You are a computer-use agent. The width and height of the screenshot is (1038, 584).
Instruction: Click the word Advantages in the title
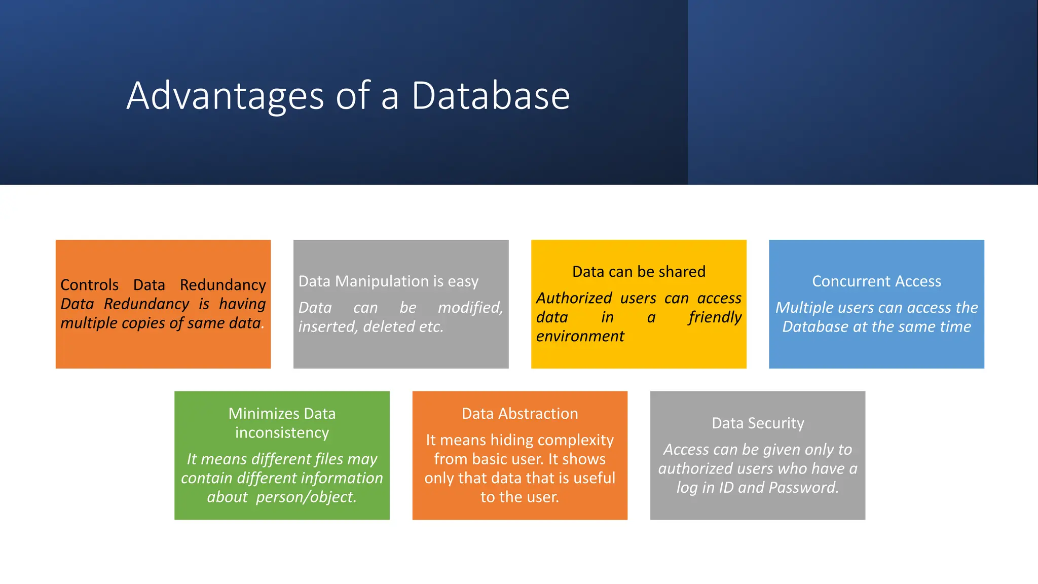point(225,96)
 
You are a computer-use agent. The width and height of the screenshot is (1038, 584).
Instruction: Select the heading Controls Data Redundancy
point(163,285)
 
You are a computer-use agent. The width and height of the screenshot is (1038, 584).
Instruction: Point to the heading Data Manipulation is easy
point(388,281)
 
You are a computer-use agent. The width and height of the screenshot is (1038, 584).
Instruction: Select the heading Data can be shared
point(639,272)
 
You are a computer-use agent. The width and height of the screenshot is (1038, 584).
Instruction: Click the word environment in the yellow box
point(580,336)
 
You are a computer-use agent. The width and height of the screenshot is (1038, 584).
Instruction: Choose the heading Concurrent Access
point(876,281)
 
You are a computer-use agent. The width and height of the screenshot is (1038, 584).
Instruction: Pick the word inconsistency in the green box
point(282,433)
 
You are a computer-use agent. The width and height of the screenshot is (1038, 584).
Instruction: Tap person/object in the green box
point(306,497)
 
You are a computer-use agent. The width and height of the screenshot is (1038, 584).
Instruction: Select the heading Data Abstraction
point(520,414)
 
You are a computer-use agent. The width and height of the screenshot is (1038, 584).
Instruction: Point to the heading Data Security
point(758,423)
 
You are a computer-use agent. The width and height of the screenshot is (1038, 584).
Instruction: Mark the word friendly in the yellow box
point(715,317)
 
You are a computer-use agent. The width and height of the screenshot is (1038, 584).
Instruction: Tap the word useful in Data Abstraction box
point(591,478)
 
